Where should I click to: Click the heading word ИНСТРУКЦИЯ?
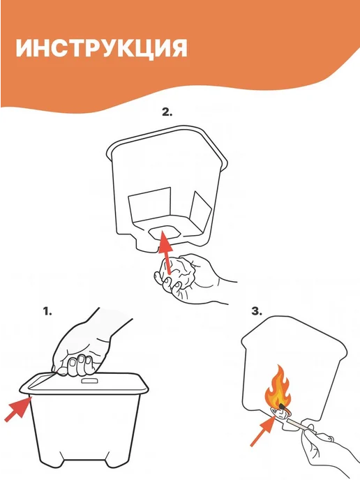[101, 48]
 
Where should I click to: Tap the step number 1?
[47, 312]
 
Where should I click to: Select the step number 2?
[167, 112]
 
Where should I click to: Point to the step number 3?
[257, 312]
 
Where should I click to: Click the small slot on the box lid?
[89, 380]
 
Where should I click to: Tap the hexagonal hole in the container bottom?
[164, 232]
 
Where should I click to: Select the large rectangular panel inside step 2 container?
[149, 204]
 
